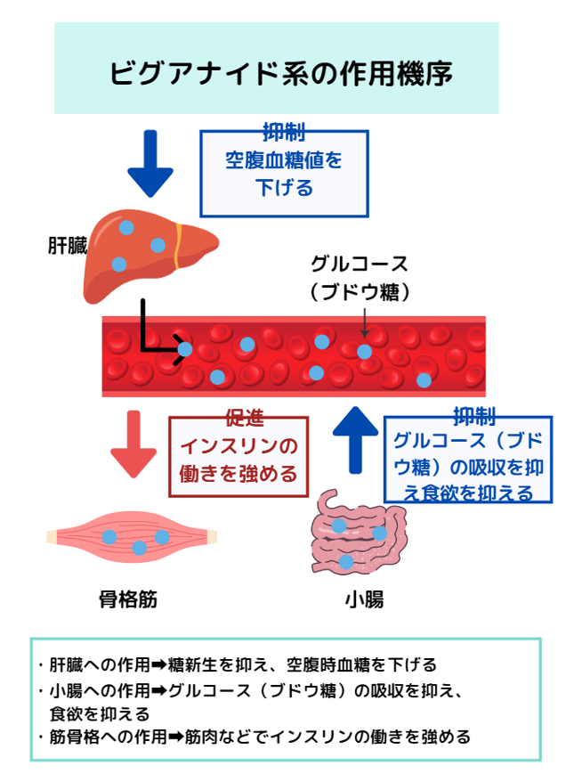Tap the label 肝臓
pyautogui.click(x=67, y=246)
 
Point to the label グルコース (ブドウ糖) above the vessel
pyautogui.click(x=360, y=277)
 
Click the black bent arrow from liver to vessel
pyautogui.click(x=156, y=334)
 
